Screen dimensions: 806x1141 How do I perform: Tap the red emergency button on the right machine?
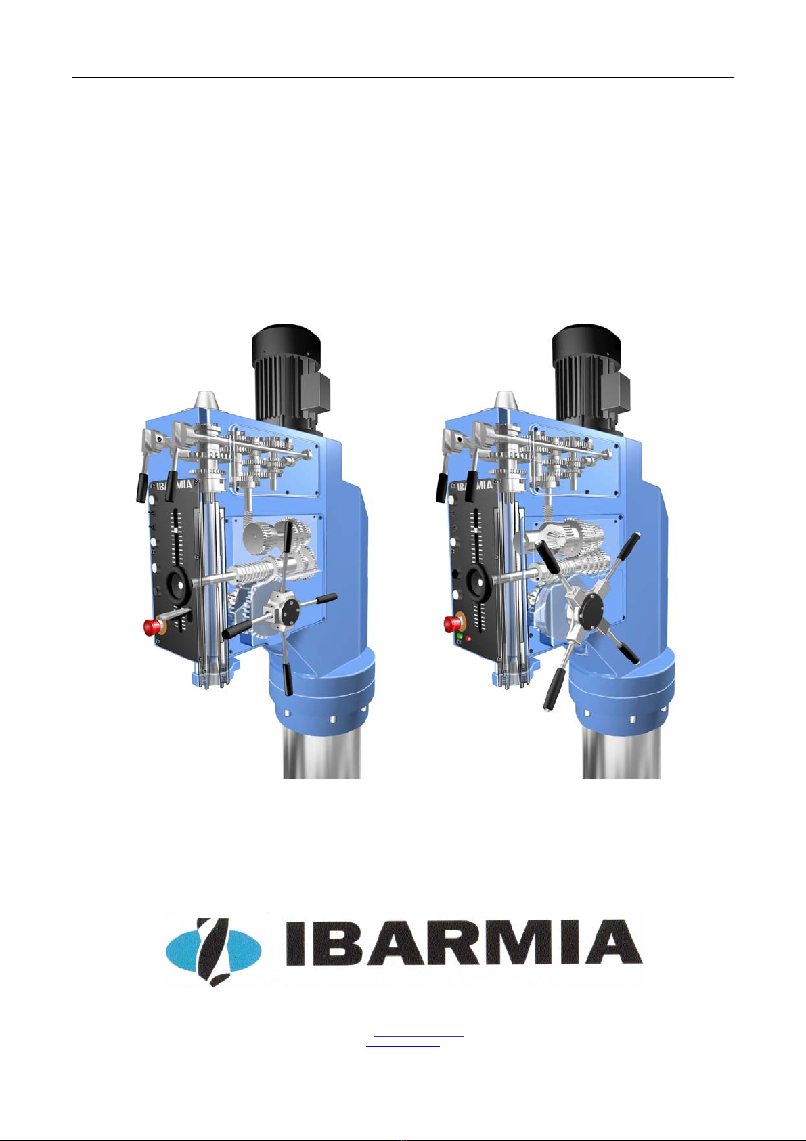pos(451,624)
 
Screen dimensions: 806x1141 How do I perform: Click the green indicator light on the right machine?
pos(460,637)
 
